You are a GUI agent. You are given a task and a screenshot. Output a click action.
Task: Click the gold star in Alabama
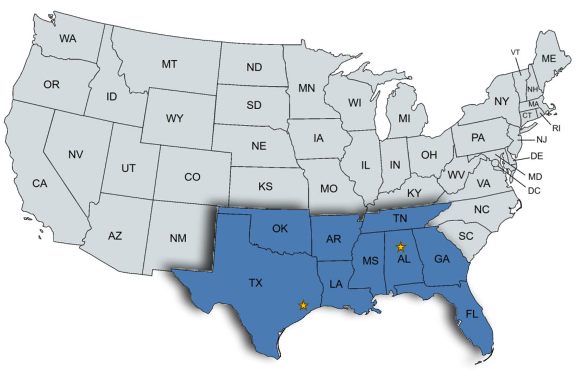point(401,247)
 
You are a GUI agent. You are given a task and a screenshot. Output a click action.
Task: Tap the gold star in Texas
point(303,305)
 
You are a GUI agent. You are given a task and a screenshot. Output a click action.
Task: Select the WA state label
point(67,39)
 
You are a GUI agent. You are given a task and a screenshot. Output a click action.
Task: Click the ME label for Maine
point(549,59)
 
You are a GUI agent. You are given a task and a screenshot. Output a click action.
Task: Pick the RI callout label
point(556,128)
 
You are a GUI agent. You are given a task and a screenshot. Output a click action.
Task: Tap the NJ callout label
point(542,140)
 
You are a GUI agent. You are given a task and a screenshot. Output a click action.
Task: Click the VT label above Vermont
point(516,52)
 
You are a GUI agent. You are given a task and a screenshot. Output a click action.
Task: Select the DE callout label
point(536,156)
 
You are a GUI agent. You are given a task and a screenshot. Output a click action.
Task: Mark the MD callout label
point(535,176)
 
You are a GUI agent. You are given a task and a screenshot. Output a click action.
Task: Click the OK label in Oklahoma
point(280,228)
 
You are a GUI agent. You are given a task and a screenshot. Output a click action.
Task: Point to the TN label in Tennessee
point(399,218)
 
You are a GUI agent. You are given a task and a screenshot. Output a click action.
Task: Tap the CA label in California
point(40,184)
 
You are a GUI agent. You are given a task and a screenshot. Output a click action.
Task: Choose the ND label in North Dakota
point(254,67)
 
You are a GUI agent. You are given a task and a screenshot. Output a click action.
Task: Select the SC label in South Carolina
point(466,236)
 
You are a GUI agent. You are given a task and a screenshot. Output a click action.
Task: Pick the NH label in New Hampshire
point(532,89)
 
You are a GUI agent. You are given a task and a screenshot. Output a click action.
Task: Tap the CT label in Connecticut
point(528,116)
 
